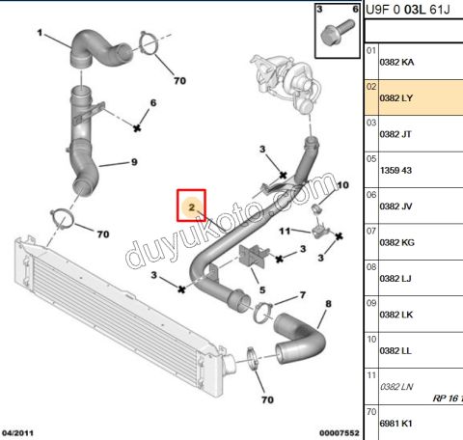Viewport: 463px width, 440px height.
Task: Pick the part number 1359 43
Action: [395, 171]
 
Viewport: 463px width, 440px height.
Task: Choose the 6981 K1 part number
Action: [395, 423]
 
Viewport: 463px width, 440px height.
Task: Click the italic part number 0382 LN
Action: [395, 386]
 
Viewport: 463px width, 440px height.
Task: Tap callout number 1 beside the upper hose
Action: [40, 34]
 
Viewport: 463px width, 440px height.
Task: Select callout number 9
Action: [134, 162]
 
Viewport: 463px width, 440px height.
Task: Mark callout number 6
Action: [152, 102]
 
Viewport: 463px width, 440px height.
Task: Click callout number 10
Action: [341, 183]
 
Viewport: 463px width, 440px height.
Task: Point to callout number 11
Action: [285, 232]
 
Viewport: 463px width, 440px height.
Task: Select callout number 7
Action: [302, 295]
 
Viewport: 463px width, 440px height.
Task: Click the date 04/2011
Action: [19, 433]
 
